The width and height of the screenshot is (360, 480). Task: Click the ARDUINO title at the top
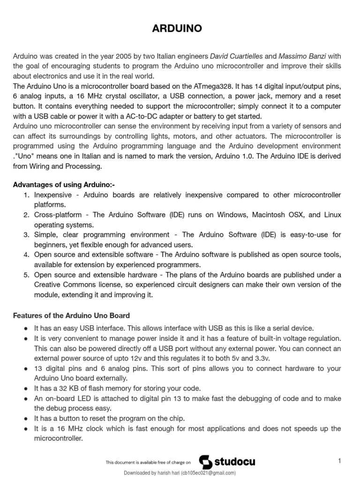pyautogui.click(x=177, y=29)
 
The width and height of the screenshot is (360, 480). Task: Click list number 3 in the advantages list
pyautogui.click(x=26, y=234)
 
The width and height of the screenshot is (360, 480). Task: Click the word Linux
pyautogui.click(x=332, y=215)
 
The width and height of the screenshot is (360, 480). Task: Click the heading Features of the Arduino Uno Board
pyautogui.click(x=71, y=315)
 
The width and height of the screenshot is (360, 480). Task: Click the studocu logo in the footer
pyautogui.click(x=227, y=462)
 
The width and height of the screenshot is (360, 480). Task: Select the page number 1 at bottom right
pyautogui.click(x=339, y=461)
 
